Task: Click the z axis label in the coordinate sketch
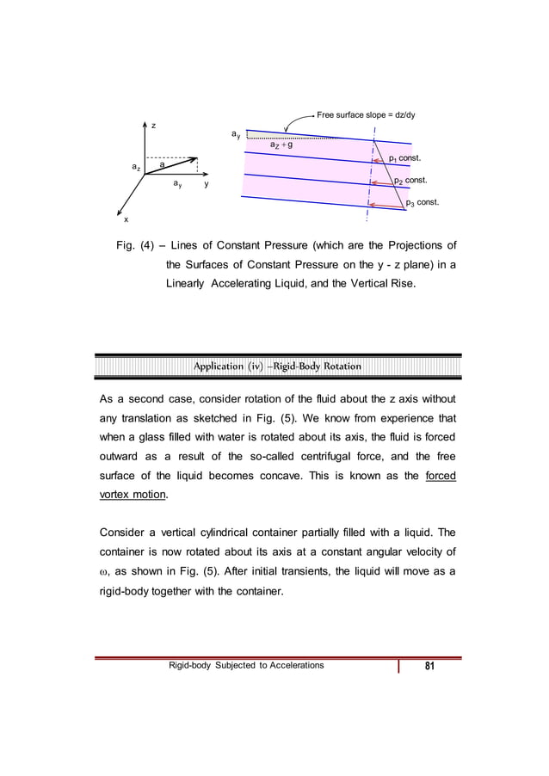153,126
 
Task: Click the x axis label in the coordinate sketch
123,220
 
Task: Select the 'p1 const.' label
404,159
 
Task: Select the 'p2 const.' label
410,182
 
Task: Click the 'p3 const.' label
422,203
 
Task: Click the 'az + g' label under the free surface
282,146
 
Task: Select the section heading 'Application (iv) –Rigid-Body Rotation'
277,366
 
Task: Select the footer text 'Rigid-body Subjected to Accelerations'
247,665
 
